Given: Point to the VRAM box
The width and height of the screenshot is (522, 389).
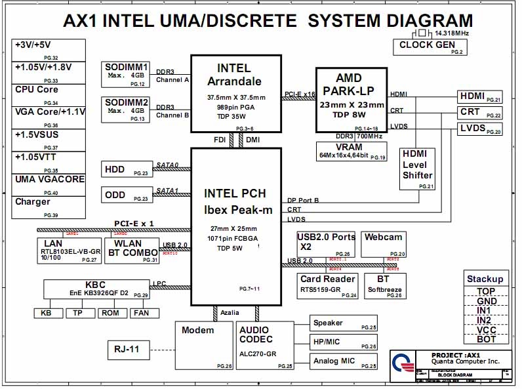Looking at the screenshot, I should pos(344,151).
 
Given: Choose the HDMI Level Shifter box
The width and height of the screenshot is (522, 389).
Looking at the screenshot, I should pos(418,168).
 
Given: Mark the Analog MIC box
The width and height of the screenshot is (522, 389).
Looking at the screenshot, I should pos(344,361).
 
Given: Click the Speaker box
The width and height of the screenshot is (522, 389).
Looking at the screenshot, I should pos(344,323).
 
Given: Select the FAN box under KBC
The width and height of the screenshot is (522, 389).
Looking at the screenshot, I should pos(142,313).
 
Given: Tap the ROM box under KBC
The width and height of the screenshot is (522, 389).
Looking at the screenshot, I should pos(110,313).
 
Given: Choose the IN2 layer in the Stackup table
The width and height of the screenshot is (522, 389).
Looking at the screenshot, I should pos(486,320).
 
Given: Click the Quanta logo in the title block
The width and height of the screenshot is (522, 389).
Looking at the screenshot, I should pos(403,364).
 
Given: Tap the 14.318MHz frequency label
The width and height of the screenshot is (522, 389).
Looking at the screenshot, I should pos(451,32).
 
